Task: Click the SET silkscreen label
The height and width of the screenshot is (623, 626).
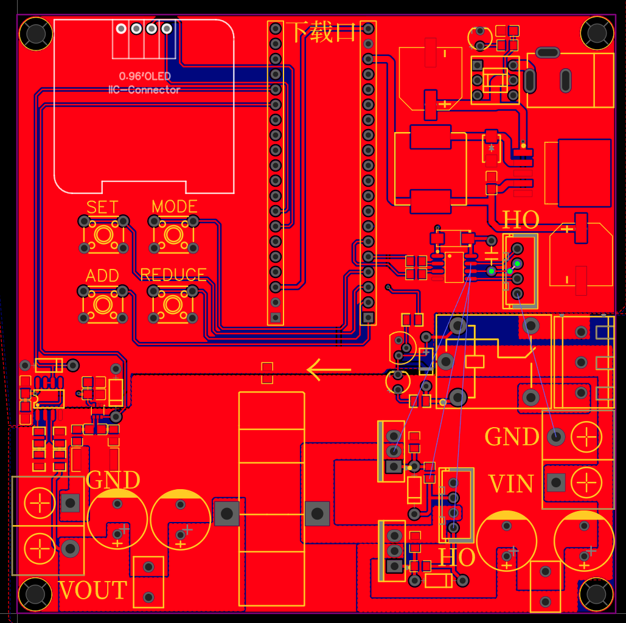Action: pyautogui.click(x=102, y=207)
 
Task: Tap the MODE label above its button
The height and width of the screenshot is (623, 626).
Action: pyautogui.click(x=175, y=206)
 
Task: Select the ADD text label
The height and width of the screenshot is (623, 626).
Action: pyautogui.click(x=102, y=276)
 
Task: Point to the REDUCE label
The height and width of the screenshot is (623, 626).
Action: pyautogui.click(x=173, y=275)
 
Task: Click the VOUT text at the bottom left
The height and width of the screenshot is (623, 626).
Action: pyautogui.click(x=93, y=590)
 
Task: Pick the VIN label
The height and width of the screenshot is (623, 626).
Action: pyautogui.click(x=511, y=484)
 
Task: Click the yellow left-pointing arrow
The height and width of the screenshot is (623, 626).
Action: pyautogui.click(x=329, y=370)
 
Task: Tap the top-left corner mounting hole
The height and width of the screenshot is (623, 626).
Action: pyautogui.click(x=36, y=33)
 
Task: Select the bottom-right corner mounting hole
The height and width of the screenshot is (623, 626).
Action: pyautogui.click(x=596, y=594)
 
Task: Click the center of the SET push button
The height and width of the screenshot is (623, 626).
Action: pyautogui.click(x=103, y=234)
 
